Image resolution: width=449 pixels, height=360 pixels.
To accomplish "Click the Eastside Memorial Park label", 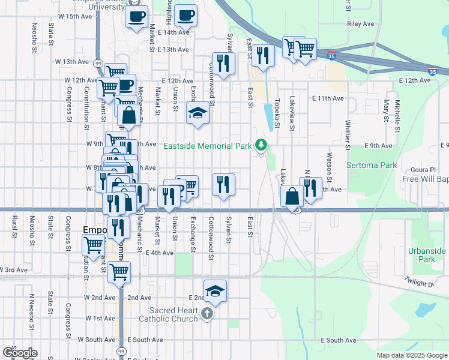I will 208,145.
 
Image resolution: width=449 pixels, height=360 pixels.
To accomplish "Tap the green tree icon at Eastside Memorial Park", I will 261,145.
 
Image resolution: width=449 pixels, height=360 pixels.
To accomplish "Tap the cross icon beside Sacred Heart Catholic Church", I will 207,314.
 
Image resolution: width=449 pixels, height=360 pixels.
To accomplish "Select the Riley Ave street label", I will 361,25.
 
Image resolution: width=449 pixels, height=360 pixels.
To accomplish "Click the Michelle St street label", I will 397,116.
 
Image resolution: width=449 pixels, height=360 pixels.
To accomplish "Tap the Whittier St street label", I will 348,131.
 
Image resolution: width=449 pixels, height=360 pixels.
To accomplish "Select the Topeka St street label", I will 277,114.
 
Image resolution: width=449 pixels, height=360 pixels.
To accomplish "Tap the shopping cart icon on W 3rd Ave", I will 119,271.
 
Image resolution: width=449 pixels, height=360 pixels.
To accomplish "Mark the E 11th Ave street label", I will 328,98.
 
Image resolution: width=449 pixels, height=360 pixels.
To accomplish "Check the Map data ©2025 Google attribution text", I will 411,355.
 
